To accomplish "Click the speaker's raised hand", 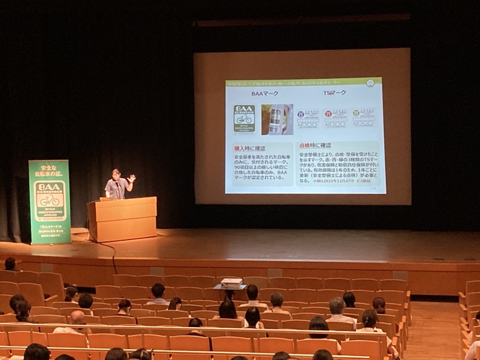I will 131,178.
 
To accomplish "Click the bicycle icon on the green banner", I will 49,201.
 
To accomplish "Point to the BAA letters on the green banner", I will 49,187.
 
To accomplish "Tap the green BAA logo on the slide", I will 243,119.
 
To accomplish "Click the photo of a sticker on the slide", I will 276,119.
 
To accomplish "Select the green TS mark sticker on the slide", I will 363,118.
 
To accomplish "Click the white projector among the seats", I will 232,282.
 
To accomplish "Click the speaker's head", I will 116,174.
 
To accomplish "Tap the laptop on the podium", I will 107,198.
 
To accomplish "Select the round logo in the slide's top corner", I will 370,83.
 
